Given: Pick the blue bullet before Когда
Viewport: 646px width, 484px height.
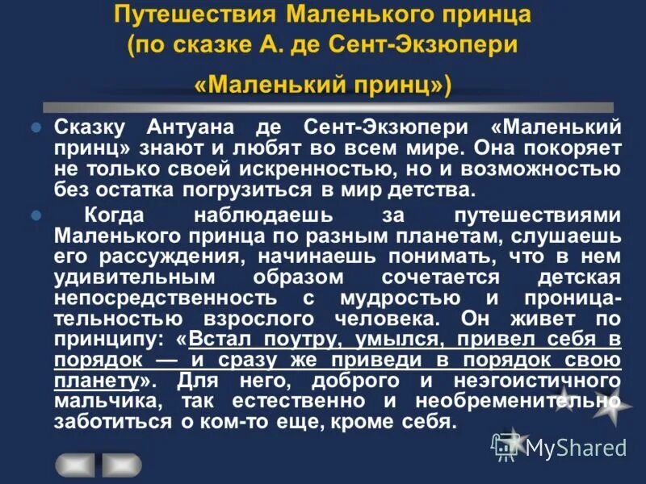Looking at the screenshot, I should point(35,216).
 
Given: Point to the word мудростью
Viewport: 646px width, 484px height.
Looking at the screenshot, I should point(435,298).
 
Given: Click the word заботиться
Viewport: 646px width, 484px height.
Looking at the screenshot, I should point(109,422).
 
